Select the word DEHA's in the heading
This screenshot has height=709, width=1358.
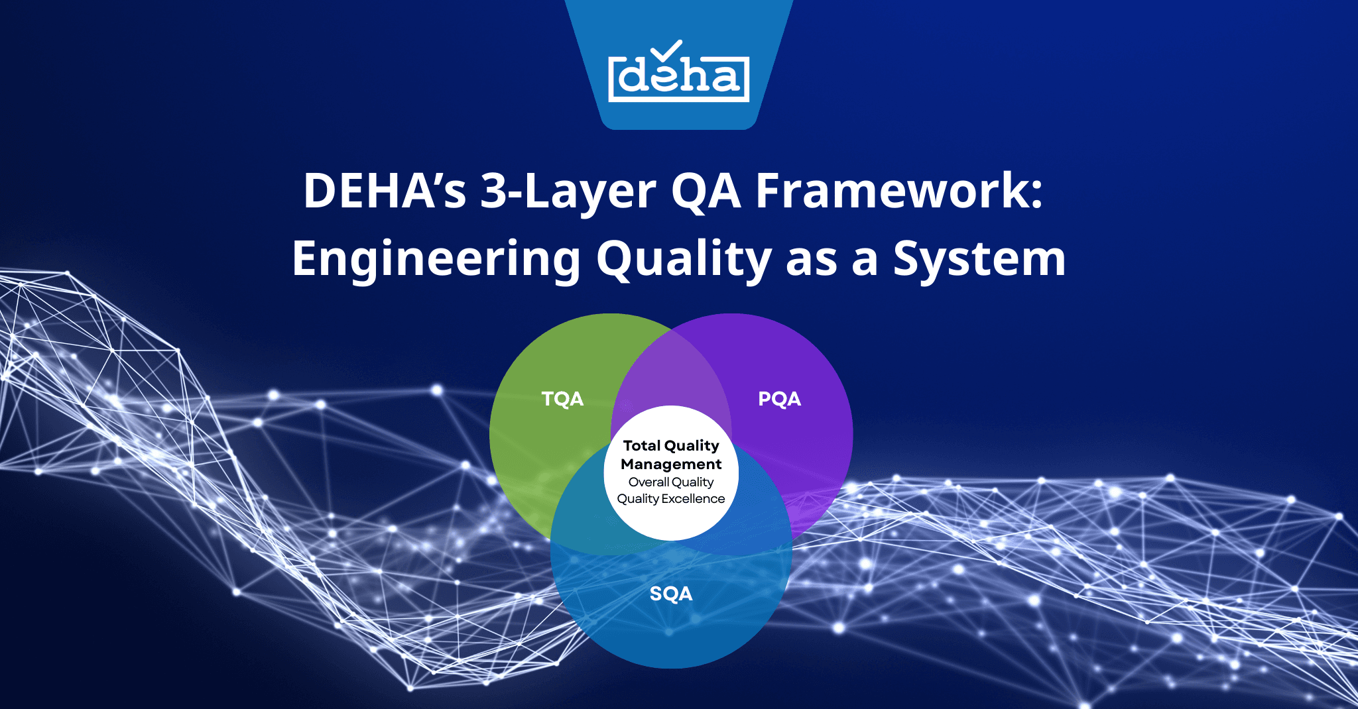pyautogui.click(x=385, y=191)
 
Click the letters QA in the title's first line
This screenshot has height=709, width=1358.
pyautogui.click(x=706, y=191)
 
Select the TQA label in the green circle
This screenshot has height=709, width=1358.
pyautogui.click(x=562, y=399)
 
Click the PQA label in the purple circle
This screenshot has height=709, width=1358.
pyautogui.click(x=779, y=399)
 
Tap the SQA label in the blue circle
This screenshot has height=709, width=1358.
pyautogui.click(x=671, y=593)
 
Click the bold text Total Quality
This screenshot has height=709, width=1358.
pyautogui.click(x=671, y=445)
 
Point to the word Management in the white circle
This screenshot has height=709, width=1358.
pyautogui.click(x=671, y=464)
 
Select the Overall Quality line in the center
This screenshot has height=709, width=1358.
pyautogui.click(x=671, y=482)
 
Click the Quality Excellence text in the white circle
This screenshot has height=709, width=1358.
pyautogui.click(x=671, y=498)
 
